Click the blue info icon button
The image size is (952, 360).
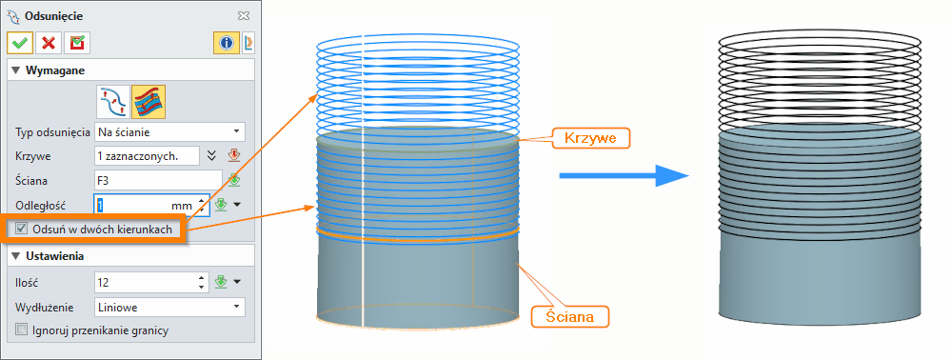pyautogui.click(x=226, y=43)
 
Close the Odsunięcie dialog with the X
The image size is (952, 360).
pyautogui.click(x=244, y=15)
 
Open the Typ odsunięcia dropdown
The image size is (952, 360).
pyautogui.click(x=169, y=131)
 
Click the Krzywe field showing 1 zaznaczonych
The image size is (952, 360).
pyautogui.click(x=147, y=155)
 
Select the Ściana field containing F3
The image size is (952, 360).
pyautogui.click(x=157, y=179)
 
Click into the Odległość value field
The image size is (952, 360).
pyautogui.click(x=130, y=204)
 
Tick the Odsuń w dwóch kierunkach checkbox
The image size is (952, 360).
pyautogui.click(x=22, y=229)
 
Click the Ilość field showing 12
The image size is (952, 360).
pyautogui.click(x=146, y=282)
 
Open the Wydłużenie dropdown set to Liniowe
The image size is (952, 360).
pyautogui.click(x=169, y=307)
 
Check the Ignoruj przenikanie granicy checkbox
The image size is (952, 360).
pyautogui.click(x=22, y=330)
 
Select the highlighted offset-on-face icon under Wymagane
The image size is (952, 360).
pyautogui.click(x=148, y=100)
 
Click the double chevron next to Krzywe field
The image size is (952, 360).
pyautogui.click(x=212, y=155)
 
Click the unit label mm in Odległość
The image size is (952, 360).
pyautogui.click(x=181, y=205)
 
